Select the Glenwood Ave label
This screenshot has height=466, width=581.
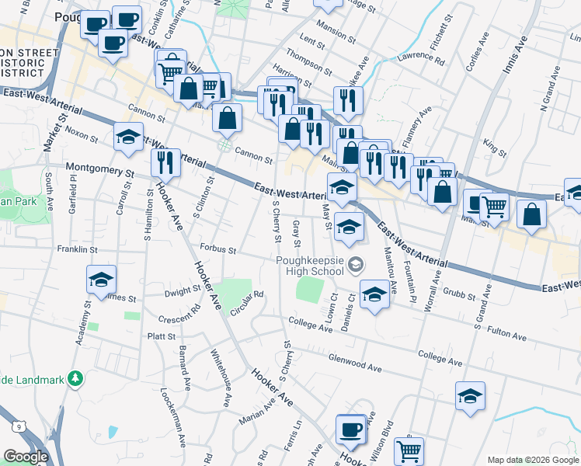[x=357, y=362]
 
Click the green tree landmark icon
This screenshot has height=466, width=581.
[x=75, y=378]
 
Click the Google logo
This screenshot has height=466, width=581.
[x=26, y=457]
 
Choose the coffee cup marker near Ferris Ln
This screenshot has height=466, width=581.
[x=350, y=429]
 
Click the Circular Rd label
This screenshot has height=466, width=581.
[x=248, y=304]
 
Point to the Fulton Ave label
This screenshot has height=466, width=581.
[x=506, y=335]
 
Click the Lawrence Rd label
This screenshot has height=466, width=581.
[x=420, y=57]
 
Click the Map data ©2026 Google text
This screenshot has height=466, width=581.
[x=531, y=459]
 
